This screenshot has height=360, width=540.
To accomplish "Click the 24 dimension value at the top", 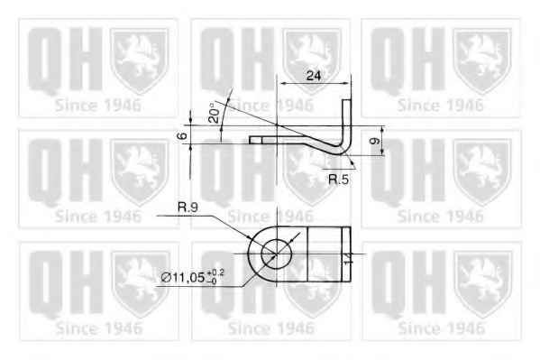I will [313, 76].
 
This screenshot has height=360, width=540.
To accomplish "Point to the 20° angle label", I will [214, 114].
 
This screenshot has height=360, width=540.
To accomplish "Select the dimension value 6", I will [182, 135].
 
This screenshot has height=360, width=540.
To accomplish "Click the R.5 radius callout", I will [338, 180].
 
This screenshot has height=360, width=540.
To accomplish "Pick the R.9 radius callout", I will [188, 208].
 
